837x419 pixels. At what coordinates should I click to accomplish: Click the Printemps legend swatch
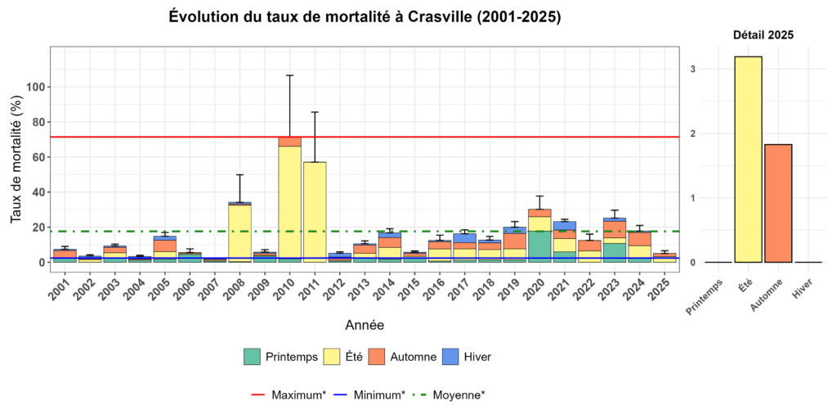coord(253,357)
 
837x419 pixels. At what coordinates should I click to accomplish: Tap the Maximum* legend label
coord(298,394)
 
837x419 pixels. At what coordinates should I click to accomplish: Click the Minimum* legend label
coord(379,394)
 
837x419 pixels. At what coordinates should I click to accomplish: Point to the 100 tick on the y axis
coord(35,87)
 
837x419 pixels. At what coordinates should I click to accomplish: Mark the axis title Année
coord(365,325)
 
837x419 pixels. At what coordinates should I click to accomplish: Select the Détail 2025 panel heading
coord(763,35)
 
